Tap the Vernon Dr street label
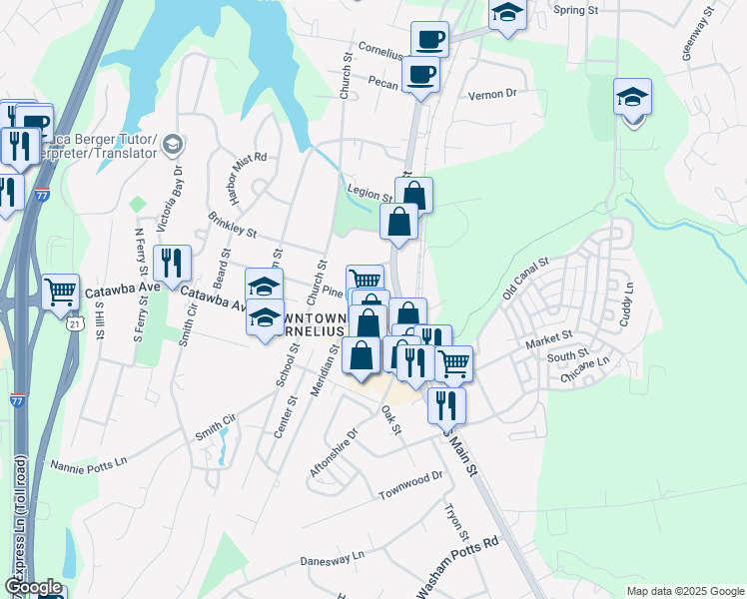[491, 94]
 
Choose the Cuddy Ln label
[628, 299]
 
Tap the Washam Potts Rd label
[456, 569]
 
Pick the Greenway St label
[698, 38]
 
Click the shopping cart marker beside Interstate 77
[61, 292]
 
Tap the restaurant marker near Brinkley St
[175, 263]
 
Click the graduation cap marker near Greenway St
[632, 97]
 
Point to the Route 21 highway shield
[74, 324]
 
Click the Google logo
[33, 587]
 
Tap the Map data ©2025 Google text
[684, 591]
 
